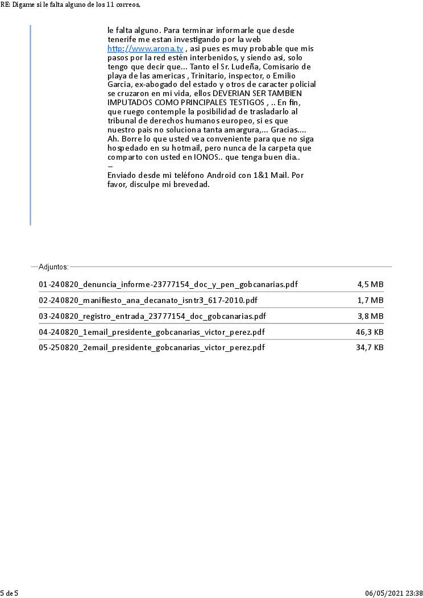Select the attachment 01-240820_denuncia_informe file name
[x=168, y=284]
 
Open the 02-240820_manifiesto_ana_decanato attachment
[x=152, y=300]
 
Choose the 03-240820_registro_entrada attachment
[x=152, y=316]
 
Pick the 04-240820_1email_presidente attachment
[x=152, y=332]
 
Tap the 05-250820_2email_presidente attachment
[x=152, y=347]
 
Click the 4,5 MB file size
[x=370, y=284]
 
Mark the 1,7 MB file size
[x=370, y=300]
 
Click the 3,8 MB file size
[x=370, y=316]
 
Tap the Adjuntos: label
[x=53, y=267]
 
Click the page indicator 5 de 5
[x=9, y=593]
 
